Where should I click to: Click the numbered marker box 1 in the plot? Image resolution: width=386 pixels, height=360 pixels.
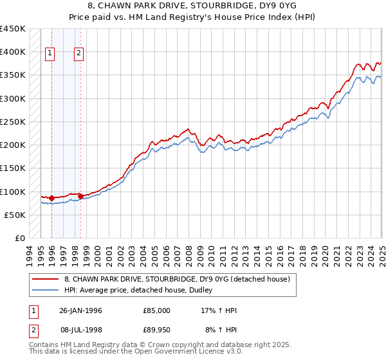click(x=50, y=54)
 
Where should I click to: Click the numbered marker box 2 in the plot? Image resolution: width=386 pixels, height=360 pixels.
click(x=78, y=54)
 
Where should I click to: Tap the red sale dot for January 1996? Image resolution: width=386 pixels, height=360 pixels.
click(x=51, y=199)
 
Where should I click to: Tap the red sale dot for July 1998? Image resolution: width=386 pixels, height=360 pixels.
click(x=80, y=196)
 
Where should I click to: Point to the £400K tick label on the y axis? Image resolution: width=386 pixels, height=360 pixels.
click(x=12, y=52)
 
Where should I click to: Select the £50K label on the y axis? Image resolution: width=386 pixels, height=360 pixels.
click(x=14, y=215)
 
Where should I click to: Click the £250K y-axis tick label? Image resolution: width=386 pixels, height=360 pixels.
click(x=12, y=122)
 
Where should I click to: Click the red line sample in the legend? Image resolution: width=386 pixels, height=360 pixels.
click(x=44, y=280)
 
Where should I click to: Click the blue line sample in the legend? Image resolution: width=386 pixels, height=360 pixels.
click(x=44, y=290)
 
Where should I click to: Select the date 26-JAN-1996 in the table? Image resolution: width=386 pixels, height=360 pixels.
click(x=80, y=310)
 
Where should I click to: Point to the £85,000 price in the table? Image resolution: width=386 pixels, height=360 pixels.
click(x=157, y=310)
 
